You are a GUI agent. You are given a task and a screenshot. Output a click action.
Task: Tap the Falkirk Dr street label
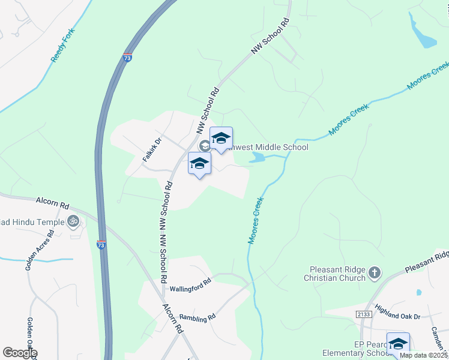pyautogui.click(x=152, y=150)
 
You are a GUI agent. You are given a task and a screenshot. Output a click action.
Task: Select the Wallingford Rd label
pyautogui.click(x=190, y=284)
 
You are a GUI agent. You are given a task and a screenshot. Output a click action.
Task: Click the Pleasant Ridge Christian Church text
pyautogui.click(x=337, y=274)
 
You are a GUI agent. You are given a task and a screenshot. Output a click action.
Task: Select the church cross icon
pyautogui.click(x=374, y=274)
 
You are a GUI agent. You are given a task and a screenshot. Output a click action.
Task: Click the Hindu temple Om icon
pyautogui.click(x=73, y=221)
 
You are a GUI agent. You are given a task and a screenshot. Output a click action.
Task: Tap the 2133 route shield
pyautogui.click(x=363, y=314)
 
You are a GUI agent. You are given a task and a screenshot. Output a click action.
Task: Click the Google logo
pyautogui.click(x=20, y=353)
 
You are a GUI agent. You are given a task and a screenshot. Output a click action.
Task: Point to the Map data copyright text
pyautogui.click(x=423, y=355)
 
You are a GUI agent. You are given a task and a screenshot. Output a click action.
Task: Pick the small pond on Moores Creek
pyautogui.click(x=257, y=158)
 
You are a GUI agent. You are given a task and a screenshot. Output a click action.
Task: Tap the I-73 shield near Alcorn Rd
pyautogui.click(x=101, y=245)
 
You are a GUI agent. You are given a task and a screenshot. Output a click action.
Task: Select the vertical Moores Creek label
pyautogui.click(x=256, y=221)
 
